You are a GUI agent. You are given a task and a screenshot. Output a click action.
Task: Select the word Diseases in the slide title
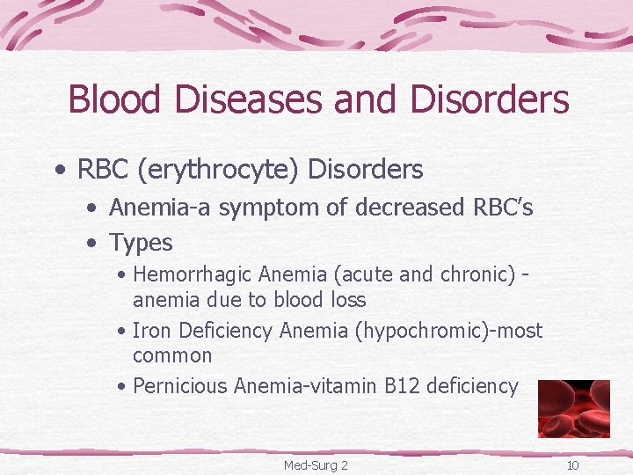234,99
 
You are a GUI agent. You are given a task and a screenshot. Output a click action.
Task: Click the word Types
141,242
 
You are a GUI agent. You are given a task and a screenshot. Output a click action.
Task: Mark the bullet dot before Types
91,243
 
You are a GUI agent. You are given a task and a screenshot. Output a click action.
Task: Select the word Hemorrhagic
194,274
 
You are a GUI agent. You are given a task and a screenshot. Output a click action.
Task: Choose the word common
172,355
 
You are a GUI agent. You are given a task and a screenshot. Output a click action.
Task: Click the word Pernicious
180,385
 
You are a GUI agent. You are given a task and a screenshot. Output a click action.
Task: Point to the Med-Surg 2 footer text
316,464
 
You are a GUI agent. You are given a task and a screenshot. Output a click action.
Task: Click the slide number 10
572,464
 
